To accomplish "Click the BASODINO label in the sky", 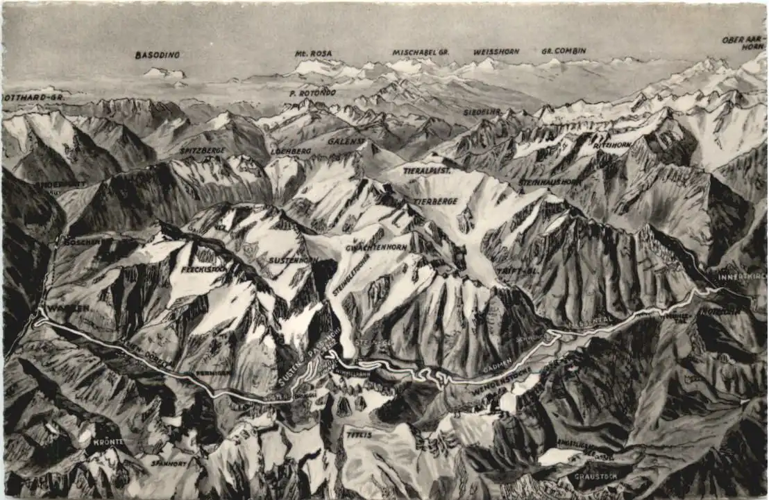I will (x=157, y=55).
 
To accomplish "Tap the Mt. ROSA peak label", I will (x=313, y=53).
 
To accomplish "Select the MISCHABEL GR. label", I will (x=421, y=52).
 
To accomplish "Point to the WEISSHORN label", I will (x=496, y=52).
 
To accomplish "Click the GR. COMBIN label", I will (x=564, y=51).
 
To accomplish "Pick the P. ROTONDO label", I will (x=312, y=92).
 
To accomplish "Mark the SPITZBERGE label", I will (x=202, y=150).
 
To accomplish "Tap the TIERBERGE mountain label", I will (x=435, y=201).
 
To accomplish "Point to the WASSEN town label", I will (x=69, y=308).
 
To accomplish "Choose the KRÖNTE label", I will (x=109, y=442).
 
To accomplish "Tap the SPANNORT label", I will (x=169, y=463).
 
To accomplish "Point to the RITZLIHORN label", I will (x=611, y=145).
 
